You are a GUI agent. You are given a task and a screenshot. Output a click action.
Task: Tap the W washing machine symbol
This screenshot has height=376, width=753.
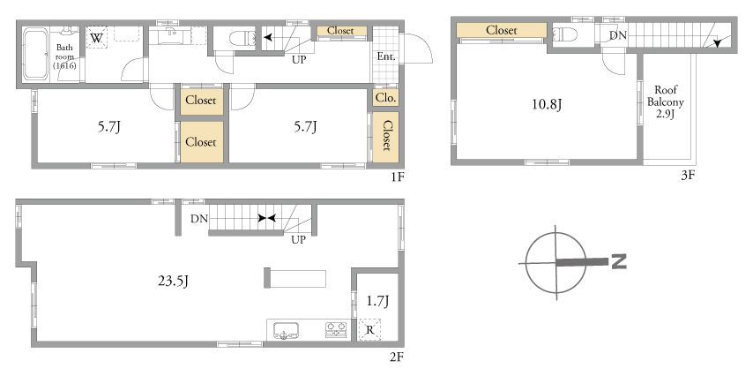pos(96,37)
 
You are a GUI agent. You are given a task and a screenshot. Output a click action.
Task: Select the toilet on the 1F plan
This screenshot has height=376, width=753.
pos(242,38)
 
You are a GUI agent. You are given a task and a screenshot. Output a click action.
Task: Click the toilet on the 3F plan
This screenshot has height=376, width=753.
pos(564,34)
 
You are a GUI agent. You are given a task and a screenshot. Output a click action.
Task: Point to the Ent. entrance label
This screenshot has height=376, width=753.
pos(386,56)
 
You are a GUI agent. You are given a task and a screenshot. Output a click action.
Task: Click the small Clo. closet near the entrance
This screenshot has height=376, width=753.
pos(385,98)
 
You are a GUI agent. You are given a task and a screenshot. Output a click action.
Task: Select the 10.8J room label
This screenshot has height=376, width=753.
pos(547,104)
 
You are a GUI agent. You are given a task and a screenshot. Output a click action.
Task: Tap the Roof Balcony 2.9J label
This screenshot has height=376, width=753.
pos(666,102)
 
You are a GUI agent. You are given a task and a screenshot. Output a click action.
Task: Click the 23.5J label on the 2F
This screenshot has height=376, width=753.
pos(173,281)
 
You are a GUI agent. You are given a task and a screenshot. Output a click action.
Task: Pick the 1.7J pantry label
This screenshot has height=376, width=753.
pos(377,301)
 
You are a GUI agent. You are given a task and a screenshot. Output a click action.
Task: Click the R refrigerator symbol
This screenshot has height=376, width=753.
pos(369,330)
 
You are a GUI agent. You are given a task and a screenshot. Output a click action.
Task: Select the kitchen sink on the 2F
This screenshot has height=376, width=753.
pos(286,330)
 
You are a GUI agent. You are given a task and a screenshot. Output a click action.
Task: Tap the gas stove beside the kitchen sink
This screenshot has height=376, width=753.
pos(336,329)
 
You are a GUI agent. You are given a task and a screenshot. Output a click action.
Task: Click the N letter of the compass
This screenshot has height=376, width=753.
pos(619,262)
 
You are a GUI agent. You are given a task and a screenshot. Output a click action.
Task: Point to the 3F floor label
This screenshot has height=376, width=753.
pos(688,175)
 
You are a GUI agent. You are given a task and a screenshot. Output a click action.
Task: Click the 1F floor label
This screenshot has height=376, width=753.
pos(398,177)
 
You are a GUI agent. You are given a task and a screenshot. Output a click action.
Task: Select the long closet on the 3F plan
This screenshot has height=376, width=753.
pos(502,30)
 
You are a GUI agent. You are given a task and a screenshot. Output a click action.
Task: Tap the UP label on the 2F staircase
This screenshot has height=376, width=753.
pos(298,240)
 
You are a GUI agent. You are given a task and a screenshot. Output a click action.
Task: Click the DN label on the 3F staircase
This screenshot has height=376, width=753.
pos(617,35)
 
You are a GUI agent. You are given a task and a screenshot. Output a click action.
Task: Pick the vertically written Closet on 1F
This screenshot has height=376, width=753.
pos(385,137)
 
